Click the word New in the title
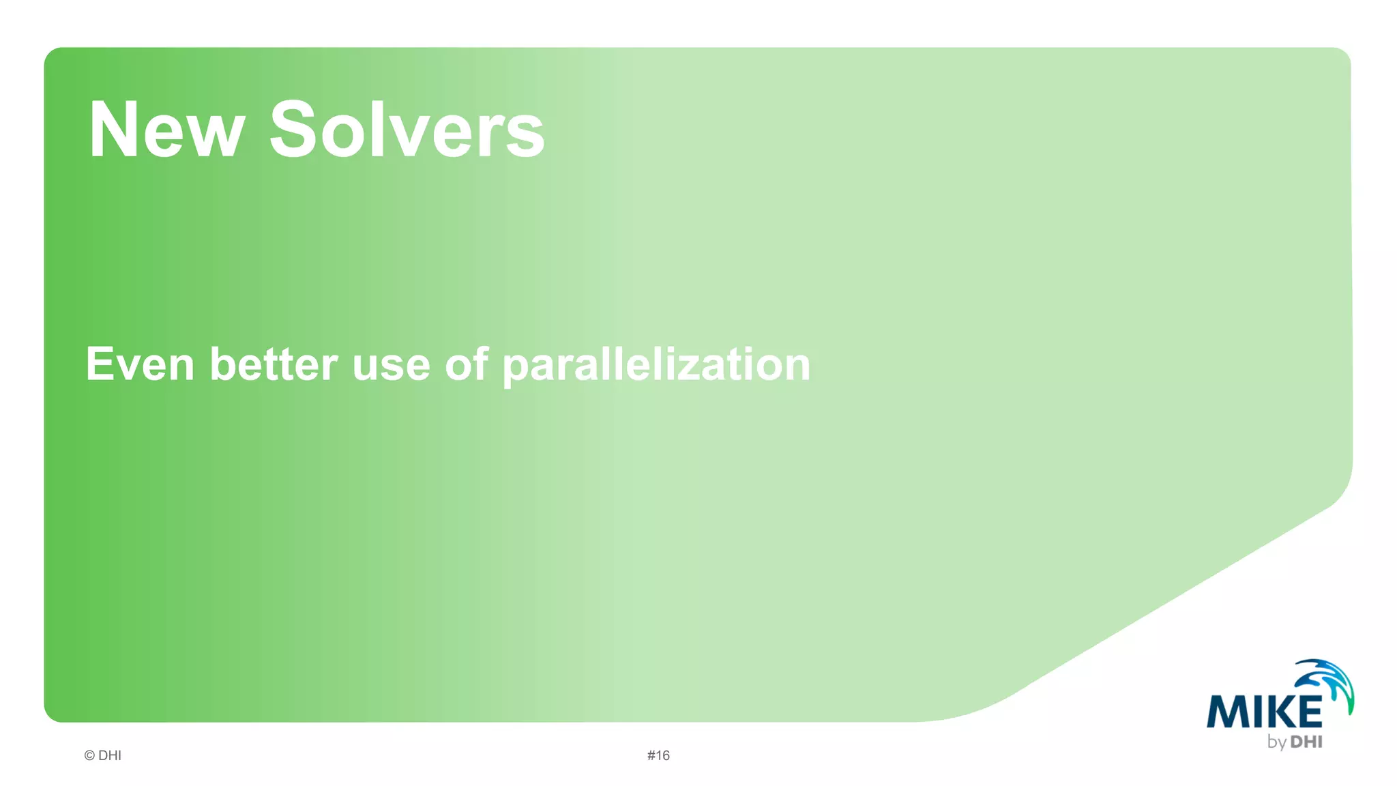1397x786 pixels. (166, 130)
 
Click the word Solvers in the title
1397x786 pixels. (407, 130)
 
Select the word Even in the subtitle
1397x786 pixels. (140, 364)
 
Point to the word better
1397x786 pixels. (274, 364)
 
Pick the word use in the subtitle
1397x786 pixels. (391, 366)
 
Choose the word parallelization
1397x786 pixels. (656, 366)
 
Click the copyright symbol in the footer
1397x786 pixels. (89, 755)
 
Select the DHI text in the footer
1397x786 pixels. (110, 755)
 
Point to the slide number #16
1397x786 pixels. (658, 755)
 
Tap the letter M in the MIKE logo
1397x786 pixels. (1224, 712)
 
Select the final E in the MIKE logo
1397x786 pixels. (1308, 712)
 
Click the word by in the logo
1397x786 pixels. (1277, 742)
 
